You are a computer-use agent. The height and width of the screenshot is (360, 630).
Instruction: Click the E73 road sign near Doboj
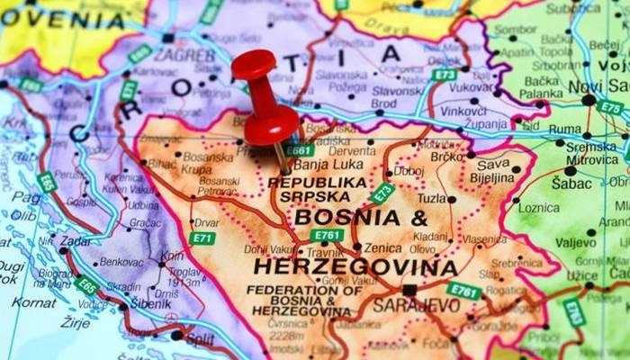[x=382, y=192]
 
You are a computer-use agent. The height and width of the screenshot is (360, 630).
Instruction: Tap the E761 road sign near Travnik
[x=328, y=236]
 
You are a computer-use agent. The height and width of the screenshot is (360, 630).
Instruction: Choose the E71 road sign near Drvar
[x=202, y=238]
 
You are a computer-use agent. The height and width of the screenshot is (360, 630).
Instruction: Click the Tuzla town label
[x=431, y=198]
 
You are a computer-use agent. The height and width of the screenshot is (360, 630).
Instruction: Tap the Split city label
[x=199, y=338]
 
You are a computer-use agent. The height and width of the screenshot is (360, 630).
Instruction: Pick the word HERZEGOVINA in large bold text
[x=355, y=267]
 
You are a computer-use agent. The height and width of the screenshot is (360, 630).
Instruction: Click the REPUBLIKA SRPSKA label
[x=318, y=189]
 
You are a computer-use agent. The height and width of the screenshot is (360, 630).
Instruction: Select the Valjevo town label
[x=575, y=243]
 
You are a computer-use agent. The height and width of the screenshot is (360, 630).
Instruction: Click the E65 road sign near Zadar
[x=87, y=286]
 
